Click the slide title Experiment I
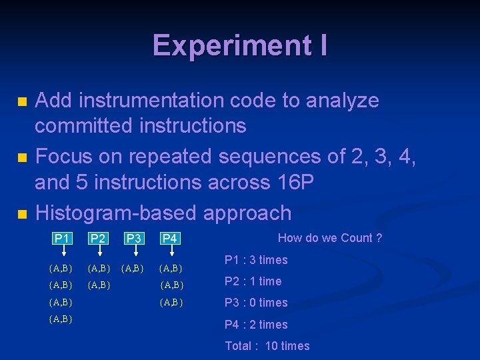tap(239, 45)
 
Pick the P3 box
tap(133, 238)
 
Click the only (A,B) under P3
tap(133, 269)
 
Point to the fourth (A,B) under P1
tap(61, 319)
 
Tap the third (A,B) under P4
tap(171, 302)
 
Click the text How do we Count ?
tap(330, 238)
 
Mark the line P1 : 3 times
tap(256, 260)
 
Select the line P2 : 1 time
tap(253, 281)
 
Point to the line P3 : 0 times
tap(256, 303)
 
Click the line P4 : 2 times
tap(256, 325)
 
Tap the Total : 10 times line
tap(267, 345)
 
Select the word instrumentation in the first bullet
tap(151, 101)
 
